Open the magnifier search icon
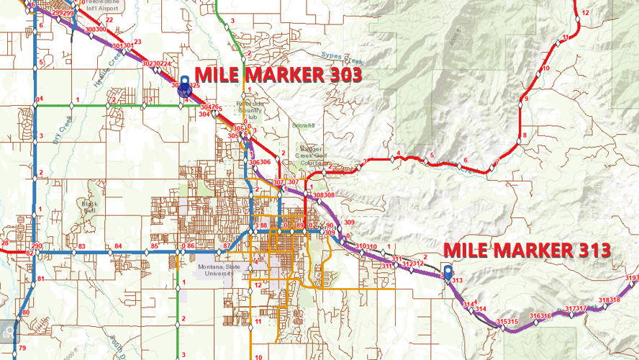[x=8, y=331]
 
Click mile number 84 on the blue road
[x=118, y=247]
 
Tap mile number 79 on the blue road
[x=22, y=348]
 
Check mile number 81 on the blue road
[x=40, y=279]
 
